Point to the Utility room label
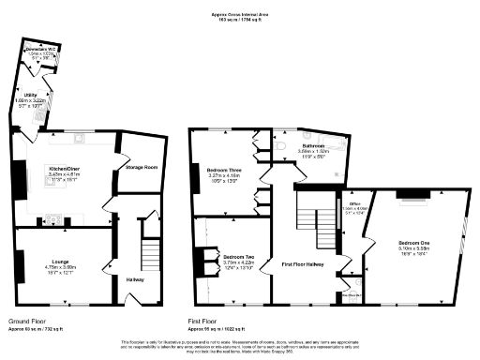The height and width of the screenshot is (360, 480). (31, 95)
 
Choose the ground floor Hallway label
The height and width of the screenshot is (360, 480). (135, 278)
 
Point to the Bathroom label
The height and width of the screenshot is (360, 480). (311, 146)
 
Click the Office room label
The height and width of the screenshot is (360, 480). (355, 203)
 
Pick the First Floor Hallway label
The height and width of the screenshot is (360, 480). (303, 265)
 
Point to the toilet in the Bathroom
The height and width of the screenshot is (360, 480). (282, 146)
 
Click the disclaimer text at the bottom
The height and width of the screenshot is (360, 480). (240, 346)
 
